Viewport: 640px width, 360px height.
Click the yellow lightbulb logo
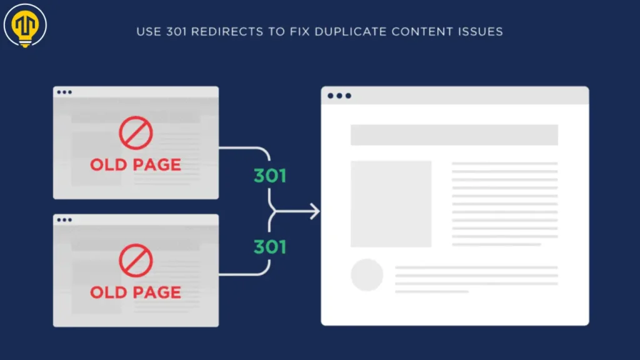pos(25,25)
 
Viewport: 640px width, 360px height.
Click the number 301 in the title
pos(176,32)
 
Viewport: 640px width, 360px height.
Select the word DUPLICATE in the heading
pos(350,32)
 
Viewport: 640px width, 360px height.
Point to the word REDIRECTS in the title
pos(227,32)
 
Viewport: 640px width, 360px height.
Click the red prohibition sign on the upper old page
pos(136,132)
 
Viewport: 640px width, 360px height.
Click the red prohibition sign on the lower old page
pos(136,261)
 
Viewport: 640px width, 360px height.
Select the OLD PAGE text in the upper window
pos(136,165)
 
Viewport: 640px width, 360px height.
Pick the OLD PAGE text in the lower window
pos(136,292)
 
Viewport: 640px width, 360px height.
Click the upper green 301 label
pos(270,176)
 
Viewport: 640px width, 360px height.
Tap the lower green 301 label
pos(270,247)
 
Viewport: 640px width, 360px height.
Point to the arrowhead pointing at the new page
pos(315,211)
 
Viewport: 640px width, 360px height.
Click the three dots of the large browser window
pos(339,96)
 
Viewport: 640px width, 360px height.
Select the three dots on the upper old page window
pos(64,92)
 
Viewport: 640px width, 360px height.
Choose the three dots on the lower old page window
pos(64,220)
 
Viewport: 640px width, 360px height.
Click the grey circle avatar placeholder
pos(367,275)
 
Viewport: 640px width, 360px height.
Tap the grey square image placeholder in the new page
pos(391,204)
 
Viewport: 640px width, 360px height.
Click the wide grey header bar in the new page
pos(454,135)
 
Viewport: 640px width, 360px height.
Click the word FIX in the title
pos(300,32)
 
